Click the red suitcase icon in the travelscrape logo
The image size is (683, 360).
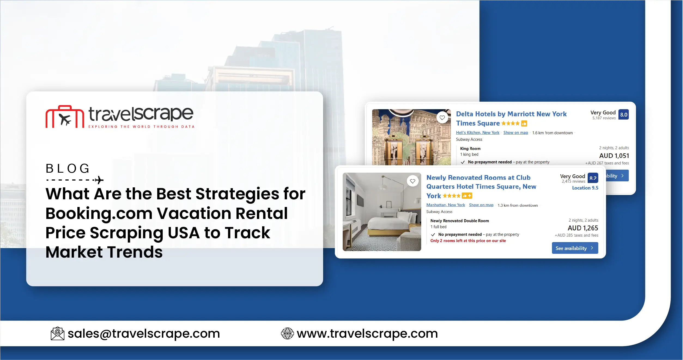[x=65, y=117]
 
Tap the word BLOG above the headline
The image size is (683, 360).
[x=68, y=168]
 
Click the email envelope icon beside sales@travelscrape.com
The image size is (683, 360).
[x=57, y=334]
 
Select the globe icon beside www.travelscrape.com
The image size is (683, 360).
[x=287, y=334]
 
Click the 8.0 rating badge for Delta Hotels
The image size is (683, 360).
[x=623, y=115]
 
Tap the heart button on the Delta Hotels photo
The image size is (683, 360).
[x=442, y=118]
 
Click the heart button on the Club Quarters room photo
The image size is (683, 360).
[x=412, y=181]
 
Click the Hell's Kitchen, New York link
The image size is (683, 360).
[x=478, y=133]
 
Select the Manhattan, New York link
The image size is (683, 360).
[x=445, y=205]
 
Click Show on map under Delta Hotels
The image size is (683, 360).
[x=515, y=133]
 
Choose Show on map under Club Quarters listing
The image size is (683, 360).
[x=481, y=205]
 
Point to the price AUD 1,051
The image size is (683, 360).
[x=614, y=156]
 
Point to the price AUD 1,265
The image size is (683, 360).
[x=583, y=228]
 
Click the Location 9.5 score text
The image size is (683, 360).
[x=585, y=188]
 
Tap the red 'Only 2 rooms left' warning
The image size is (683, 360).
[x=468, y=241]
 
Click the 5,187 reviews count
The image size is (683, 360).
[x=604, y=118]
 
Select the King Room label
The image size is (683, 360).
[x=470, y=149]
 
